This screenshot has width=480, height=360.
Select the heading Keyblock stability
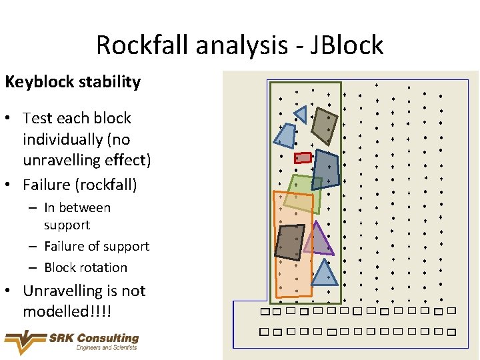click(x=73, y=82)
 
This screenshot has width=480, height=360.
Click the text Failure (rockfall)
click(x=79, y=183)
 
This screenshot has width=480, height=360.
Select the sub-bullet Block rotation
click(x=85, y=267)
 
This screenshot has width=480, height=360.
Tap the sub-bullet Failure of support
click(x=97, y=246)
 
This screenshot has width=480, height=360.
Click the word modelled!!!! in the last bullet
click(x=67, y=311)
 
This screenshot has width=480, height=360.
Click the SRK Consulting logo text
click(x=93, y=338)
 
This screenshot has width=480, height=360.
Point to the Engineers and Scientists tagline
click(x=107, y=347)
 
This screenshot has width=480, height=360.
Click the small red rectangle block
click(x=303, y=157)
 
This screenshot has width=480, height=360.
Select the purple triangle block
click(x=319, y=241)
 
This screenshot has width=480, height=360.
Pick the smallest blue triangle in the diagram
click(x=301, y=115)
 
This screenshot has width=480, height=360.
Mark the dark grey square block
click(x=289, y=241)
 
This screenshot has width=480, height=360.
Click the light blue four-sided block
click(x=285, y=136)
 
